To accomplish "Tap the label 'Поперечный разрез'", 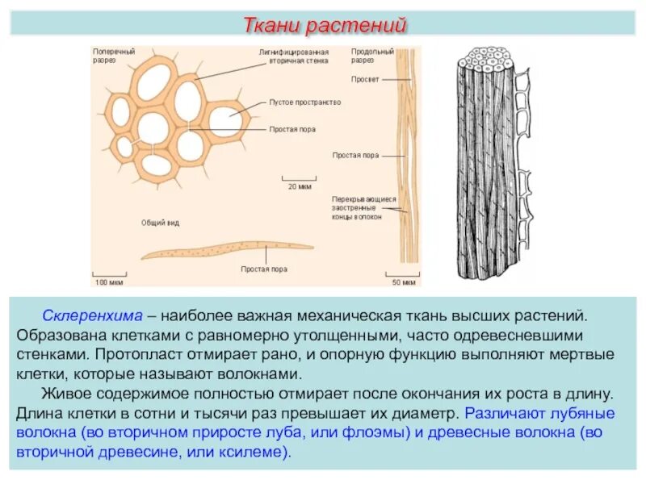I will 114,56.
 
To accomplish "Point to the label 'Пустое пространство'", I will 305,102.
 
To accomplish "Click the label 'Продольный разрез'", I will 372,56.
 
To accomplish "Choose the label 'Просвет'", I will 363,79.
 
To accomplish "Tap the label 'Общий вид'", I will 155,222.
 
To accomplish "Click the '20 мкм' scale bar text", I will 300,186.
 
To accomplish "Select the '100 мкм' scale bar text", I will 108,282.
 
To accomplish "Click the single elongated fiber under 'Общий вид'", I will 226,249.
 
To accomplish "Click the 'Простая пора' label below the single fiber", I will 264,269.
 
